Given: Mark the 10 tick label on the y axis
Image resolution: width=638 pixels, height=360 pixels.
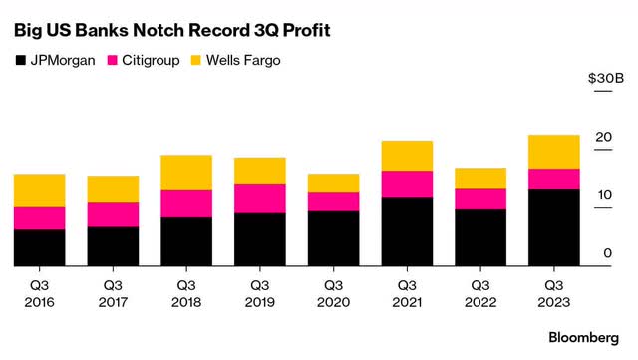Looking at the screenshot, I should point(603,195).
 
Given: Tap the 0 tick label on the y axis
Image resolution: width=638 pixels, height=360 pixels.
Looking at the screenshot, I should point(607,253).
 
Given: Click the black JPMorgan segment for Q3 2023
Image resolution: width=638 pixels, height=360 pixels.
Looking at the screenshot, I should point(553,227).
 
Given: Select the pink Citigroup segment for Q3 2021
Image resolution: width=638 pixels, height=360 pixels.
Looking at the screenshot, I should point(407,184).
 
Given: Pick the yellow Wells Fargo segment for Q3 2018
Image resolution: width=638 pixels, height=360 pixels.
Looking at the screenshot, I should point(185,173).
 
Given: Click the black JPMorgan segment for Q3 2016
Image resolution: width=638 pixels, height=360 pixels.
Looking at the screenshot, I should point(39,247).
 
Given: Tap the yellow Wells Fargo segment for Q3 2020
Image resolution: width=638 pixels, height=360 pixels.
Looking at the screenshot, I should point(333,182).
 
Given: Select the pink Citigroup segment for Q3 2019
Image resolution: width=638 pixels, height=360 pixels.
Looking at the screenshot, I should point(259,198).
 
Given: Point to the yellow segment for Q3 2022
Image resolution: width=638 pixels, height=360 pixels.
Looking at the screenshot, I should point(479,178).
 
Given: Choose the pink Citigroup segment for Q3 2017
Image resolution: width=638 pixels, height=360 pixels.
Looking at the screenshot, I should point(113,214).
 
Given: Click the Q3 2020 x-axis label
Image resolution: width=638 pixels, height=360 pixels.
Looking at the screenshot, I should point(333,290).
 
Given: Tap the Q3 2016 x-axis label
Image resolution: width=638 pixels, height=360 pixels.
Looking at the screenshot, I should point(39,290).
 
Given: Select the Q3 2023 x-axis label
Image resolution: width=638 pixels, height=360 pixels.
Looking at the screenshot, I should point(553,290).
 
